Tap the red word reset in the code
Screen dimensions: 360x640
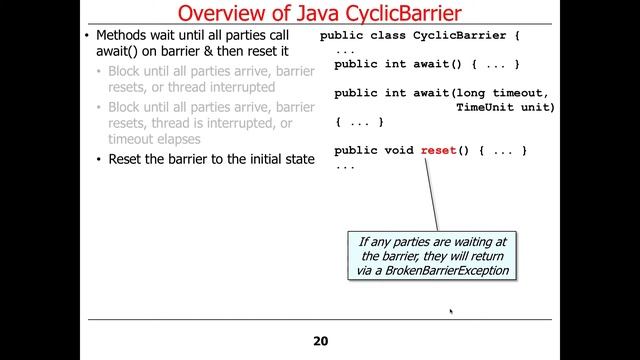coord(438,150)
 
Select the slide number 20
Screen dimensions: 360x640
coord(320,341)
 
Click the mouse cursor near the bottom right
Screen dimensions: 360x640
coord(451,312)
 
